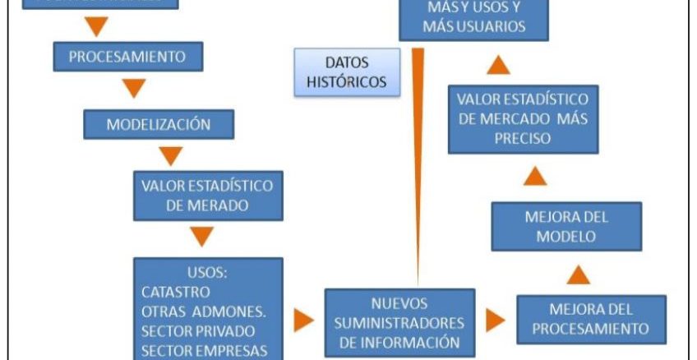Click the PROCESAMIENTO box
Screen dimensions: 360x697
tap(127, 58)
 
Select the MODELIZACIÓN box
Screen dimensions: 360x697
tap(159, 125)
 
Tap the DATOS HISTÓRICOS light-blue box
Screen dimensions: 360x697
tap(347, 72)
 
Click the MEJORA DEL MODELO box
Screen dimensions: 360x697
tap(566, 226)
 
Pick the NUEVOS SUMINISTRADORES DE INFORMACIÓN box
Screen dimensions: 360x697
tap(399, 322)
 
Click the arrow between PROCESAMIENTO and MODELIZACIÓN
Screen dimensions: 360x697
tap(132, 88)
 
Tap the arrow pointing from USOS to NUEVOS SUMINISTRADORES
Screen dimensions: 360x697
tap(303, 321)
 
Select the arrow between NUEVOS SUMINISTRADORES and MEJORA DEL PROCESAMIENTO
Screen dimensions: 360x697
tap(495, 321)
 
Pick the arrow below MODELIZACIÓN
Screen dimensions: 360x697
tap(170, 155)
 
